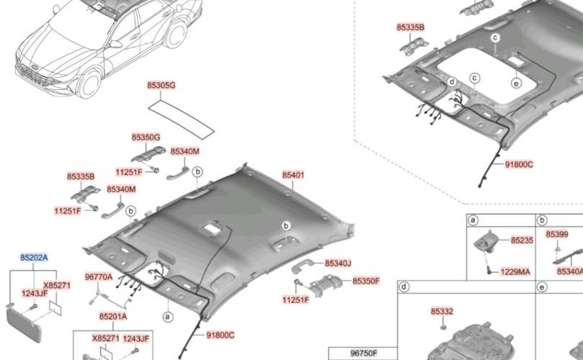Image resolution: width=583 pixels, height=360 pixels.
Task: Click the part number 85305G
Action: (x=161, y=86)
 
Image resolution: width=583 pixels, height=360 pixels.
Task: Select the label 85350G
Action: (x=145, y=138)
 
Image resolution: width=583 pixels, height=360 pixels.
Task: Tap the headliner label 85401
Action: (x=293, y=175)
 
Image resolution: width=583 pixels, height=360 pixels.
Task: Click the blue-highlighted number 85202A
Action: (x=34, y=257)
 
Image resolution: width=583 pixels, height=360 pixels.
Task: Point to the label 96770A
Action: (x=99, y=276)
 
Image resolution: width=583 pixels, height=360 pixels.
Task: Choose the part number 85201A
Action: (x=113, y=317)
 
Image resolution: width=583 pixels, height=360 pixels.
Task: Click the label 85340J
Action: (x=338, y=264)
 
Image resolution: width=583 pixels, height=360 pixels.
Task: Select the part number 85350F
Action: (x=366, y=281)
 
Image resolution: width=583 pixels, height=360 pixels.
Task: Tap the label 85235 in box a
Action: (x=522, y=240)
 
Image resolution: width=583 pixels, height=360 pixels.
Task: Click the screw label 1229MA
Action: (x=515, y=272)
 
